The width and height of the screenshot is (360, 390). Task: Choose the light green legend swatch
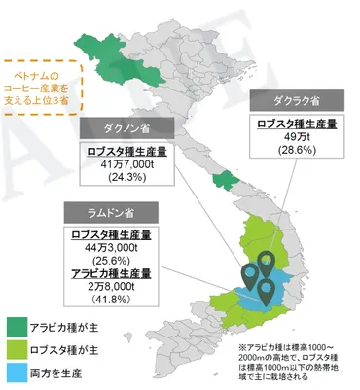point(18,348)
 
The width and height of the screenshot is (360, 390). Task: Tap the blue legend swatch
point(18,371)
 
